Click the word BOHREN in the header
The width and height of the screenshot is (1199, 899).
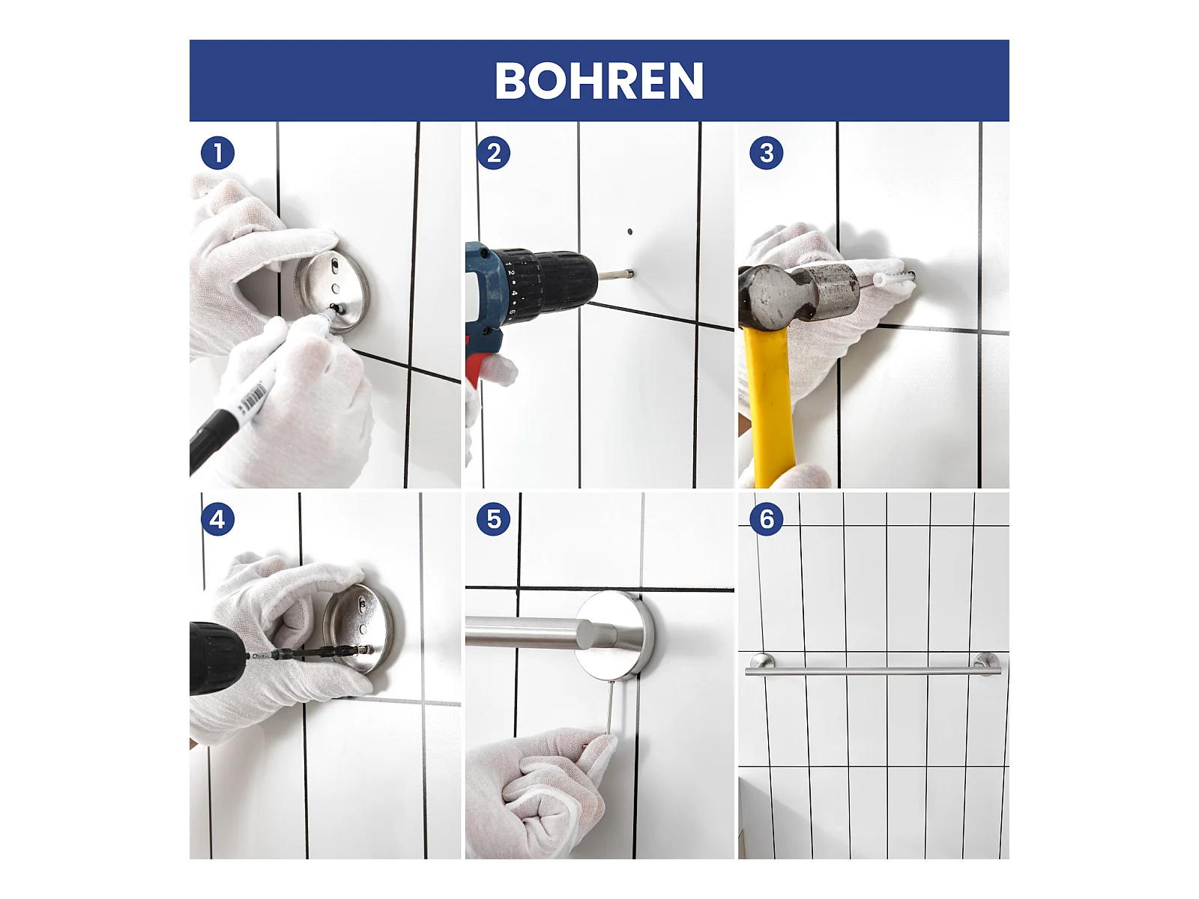click(599, 80)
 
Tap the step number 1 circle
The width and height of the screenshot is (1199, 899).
click(217, 153)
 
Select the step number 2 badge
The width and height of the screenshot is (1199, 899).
click(493, 153)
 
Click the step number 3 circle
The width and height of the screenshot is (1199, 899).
click(766, 153)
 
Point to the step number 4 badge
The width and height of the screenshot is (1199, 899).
click(217, 519)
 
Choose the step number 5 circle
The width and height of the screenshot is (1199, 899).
click(493, 519)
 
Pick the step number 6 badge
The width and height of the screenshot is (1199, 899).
click(766, 519)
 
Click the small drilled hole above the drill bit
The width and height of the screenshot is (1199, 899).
click(629, 232)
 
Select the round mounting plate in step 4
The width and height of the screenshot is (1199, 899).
click(358, 628)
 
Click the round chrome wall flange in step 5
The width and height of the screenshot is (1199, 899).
click(614, 635)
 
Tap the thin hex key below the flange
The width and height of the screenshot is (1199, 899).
click(611, 707)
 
